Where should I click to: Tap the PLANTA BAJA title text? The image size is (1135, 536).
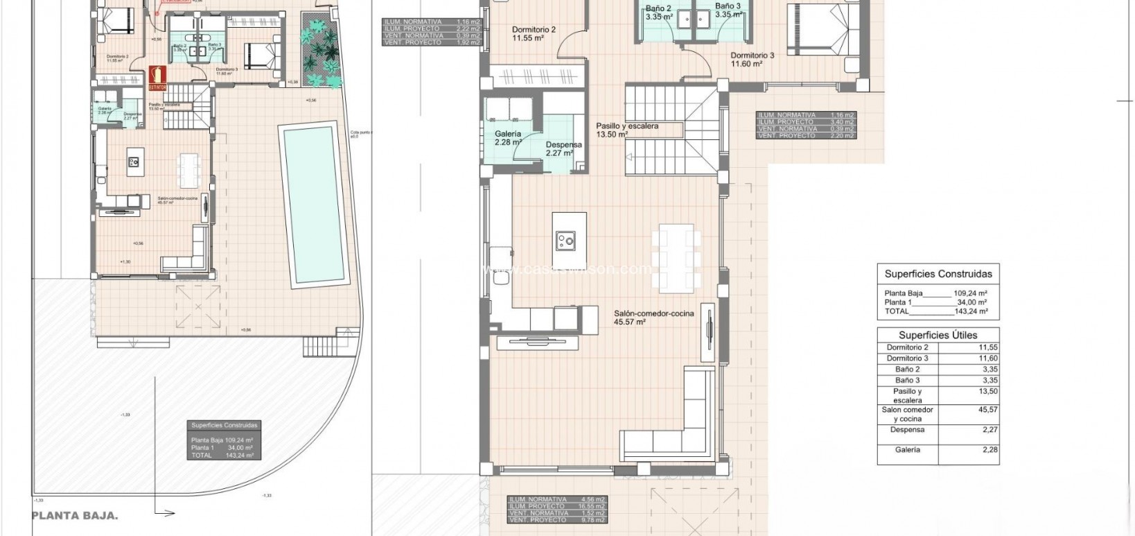click(x=75, y=515)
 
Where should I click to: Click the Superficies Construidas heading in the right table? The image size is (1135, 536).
click(x=938, y=274)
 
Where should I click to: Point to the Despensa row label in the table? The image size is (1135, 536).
click(x=907, y=430)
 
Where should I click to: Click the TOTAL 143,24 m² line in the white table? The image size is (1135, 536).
click(x=935, y=311)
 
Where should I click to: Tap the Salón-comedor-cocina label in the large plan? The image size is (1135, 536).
click(x=653, y=313)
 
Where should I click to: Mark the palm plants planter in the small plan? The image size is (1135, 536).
click(x=321, y=53)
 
